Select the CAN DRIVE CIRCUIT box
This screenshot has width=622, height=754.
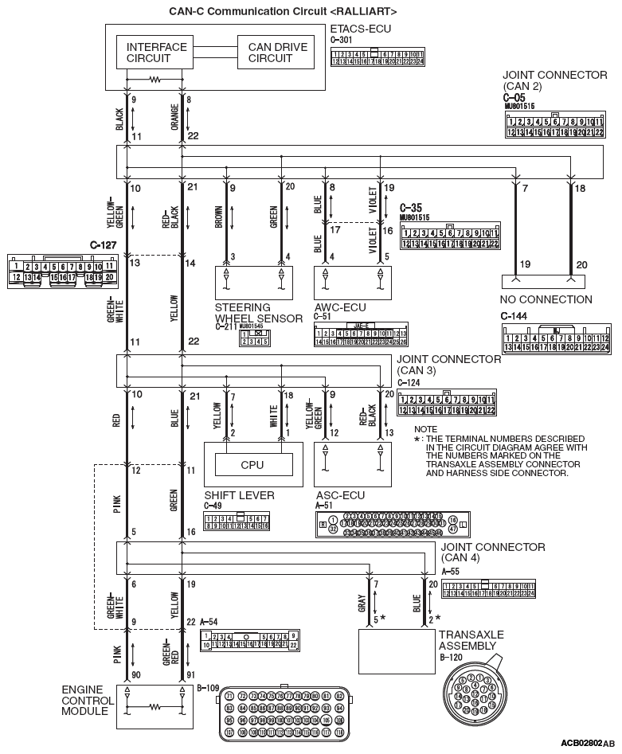[x=277, y=53]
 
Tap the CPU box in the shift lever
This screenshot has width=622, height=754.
[x=252, y=464]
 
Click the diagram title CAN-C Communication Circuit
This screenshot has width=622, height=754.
[x=283, y=12]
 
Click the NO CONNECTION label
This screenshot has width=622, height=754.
[x=546, y=300]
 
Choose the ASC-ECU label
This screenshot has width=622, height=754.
[x=340, y=495]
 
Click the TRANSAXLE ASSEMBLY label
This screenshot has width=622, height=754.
[x=471, y=640]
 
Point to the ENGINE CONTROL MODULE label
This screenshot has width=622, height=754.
[x=85, y=700]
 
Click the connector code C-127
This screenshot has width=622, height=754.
[x=105, y=245]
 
